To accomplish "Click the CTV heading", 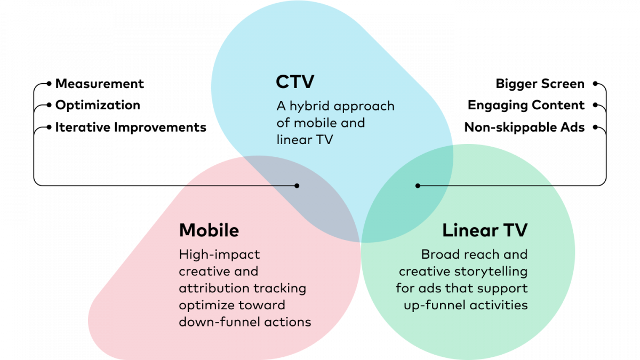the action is tap(295, 82).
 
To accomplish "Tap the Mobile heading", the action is tap(209, 230).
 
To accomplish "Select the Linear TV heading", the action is tap(485, 230).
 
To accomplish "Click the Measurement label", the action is tap(99, 84).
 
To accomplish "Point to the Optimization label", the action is tap(98, 106).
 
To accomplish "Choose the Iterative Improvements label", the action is tap(131, 127).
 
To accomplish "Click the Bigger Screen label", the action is tap(540, 84).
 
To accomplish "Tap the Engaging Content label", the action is tap(526, 106).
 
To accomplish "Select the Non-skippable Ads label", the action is tap(524, 127).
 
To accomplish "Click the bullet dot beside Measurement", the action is tap(49, 84).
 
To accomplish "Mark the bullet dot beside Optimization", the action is tap(49, 105).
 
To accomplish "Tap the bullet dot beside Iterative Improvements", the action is tap(49, 127).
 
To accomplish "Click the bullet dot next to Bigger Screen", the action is tap(595, 84).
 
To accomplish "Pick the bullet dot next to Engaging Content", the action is tap(595, 105).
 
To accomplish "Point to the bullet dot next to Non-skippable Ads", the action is tap(595, 127).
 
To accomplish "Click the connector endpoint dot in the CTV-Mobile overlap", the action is tap(297, 186).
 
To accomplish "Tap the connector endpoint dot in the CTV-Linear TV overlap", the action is tap(418, 186).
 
